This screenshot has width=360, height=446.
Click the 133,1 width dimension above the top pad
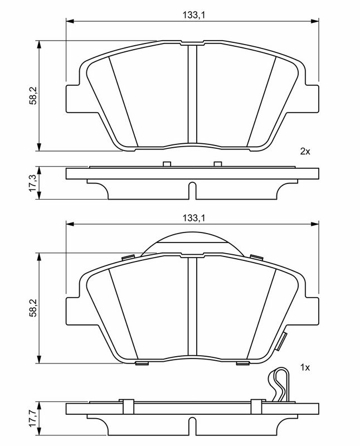(193, 15)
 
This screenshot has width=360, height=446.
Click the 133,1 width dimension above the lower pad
(193, 218)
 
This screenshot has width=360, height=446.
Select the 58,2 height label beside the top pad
(33, 96)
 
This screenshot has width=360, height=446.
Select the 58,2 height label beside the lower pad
(33, 308)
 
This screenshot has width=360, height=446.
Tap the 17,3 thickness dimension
(33, 183)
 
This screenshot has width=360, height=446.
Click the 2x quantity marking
(305, 151)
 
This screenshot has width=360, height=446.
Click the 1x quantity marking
(305, 368)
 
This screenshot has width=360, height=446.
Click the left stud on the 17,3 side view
(167, 164)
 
